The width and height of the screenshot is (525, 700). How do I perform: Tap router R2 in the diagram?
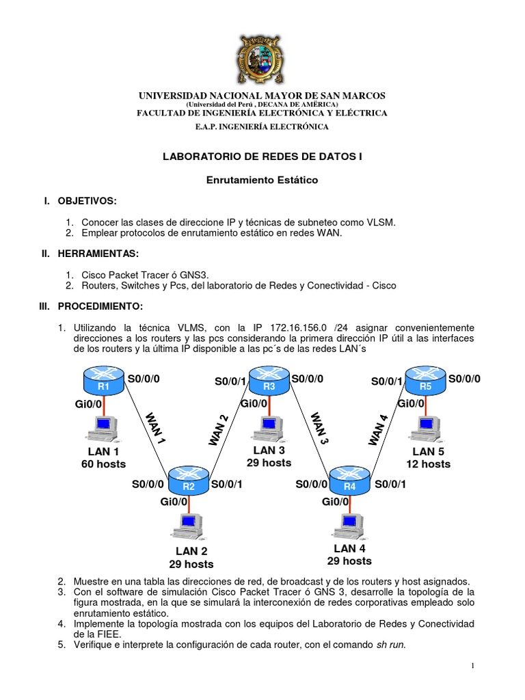[x=189, y=481]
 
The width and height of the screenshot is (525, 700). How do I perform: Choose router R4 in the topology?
[x=349, y=481]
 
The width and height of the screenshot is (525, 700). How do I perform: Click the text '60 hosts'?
[x=103, y=464]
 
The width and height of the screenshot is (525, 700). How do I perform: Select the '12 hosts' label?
[x=428, y=464]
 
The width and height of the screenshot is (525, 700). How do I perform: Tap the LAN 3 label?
[x=269, y=450]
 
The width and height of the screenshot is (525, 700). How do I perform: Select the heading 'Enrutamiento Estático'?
[x=262, y=180]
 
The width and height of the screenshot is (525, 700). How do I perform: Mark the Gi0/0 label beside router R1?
[x=89, y=405]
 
